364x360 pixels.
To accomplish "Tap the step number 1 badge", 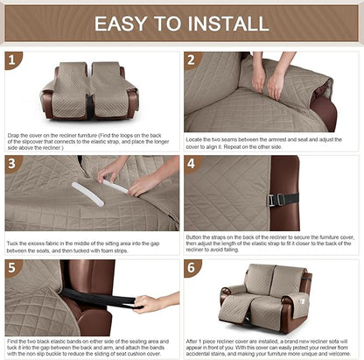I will tap(13, 60).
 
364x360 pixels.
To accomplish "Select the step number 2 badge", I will tap(193, 60).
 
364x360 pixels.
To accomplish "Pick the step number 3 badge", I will tap(13, 164).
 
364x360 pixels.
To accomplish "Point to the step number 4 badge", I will tap(193, 164).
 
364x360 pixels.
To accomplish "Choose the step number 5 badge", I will tap(13, 267).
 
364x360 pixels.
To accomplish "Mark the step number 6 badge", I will tap(193, 267).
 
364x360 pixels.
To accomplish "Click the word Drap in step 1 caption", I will tap(14, 136).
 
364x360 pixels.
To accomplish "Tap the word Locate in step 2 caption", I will tap(197, 136).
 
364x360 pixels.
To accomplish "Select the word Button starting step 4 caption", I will tap(198, 235).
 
